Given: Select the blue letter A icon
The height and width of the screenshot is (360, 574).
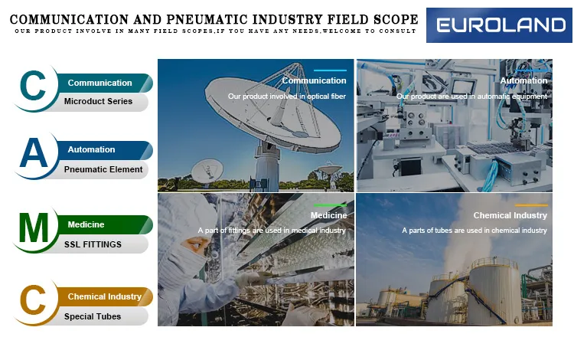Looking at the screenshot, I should [34, 155].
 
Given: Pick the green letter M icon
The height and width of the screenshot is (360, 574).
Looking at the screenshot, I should [34, 228].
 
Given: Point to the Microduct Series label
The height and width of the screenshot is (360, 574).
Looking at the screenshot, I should [98, 101].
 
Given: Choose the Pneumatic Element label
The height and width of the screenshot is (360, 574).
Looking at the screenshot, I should [103, 169].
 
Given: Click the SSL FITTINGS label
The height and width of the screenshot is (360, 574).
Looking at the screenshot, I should [93, 244].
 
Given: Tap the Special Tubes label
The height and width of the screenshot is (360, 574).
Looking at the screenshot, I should [93, 316].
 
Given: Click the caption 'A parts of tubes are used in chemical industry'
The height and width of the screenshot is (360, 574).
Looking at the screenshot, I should [475, 230].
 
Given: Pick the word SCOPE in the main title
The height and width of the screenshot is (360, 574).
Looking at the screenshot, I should [392, 18].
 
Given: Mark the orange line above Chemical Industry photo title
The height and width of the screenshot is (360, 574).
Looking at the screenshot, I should [531, 205].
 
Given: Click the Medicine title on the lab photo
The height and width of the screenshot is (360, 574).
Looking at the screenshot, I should [328, 215].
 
